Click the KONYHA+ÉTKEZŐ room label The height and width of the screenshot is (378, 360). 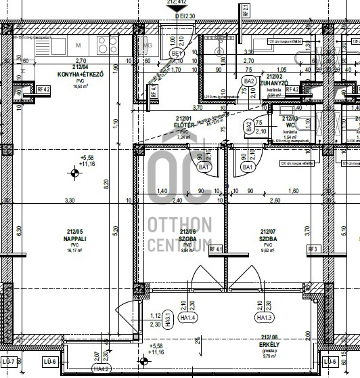coord(80,75)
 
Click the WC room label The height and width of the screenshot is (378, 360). coord(290,125)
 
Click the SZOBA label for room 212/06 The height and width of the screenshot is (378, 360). coord(187,239)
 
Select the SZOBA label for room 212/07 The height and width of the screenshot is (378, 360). coord(269,239)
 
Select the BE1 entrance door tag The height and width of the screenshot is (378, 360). coord(177,54)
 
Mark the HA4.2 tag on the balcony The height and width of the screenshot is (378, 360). coord(102,369)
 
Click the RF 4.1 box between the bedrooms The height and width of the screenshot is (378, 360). coord(217,250)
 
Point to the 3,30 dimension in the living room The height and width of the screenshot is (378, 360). coord(69,201)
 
